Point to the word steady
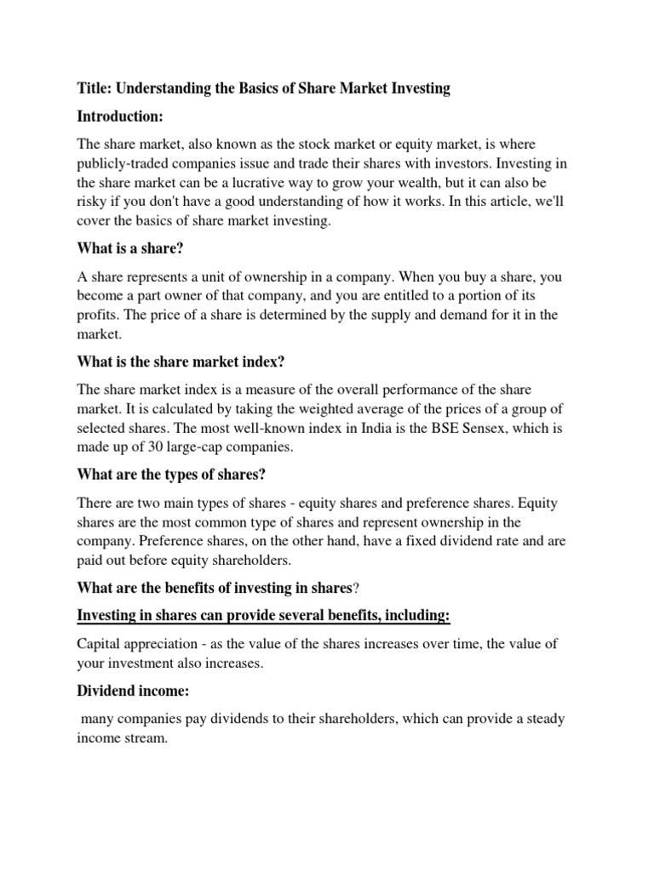coord(542,719)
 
